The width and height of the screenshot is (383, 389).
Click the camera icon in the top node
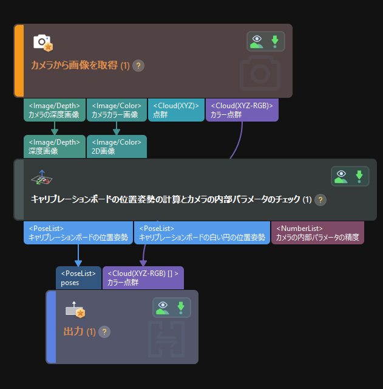click(x=42, y=43)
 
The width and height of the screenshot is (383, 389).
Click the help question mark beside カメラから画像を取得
click(x=138, y=66)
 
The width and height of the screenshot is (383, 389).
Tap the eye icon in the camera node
click(x=258, y=41)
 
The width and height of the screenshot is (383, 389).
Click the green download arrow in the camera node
click(x=274, y=41)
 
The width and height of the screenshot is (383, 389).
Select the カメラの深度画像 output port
click(x=55, y=110)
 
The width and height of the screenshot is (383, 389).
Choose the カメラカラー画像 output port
click(x=117, y=110)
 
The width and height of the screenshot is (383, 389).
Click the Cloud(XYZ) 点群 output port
click(x=175, y=110)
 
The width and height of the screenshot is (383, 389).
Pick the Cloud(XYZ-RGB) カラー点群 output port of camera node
click(x=242, y=110)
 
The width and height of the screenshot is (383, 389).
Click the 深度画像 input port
click(x=55, y=146)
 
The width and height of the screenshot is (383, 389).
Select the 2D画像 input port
click(x=117, y=146)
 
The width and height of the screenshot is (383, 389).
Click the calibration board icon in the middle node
click(x=42, y=178)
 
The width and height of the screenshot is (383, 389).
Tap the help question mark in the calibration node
click(x=321, y=200)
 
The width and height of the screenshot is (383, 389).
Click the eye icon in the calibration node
click(x=342, y=176)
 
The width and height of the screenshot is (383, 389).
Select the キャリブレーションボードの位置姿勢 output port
click(x=78, y=233)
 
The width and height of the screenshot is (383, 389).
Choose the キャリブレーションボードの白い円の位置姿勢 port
click(x=202, y=233)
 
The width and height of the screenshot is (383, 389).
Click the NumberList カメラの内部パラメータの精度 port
click(x=317, y=233)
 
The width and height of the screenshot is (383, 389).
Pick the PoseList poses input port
click(x=78, y=278)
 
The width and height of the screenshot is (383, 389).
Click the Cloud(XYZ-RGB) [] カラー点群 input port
click(x=143, y=278)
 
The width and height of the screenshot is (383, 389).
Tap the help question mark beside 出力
click(x=104, y=332)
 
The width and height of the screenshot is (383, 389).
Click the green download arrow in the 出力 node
click(x=180, y=308)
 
